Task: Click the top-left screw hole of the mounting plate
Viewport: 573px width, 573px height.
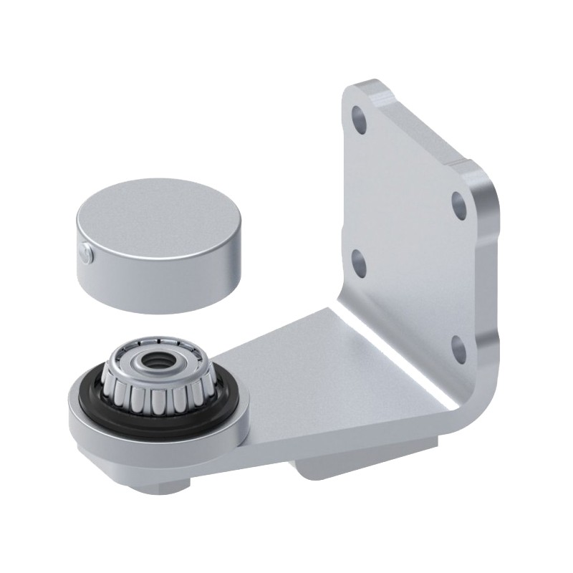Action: tap(359, 120)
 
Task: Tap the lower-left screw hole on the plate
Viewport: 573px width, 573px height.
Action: tap(360, 264)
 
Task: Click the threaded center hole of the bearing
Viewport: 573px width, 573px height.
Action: tap(153, 362)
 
